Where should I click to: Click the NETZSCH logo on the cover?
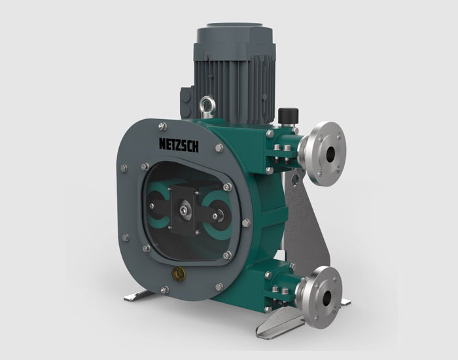pyautogui.click(x=179, y=145)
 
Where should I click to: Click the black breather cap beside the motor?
pyautogui.click(x=288, y=116)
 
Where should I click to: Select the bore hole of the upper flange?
pyautogui.click(x=330, y=154)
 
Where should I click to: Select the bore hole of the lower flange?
pyautogui.click(x=326, y=298)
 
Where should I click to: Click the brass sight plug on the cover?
pyautogui.click(x=178, y=274)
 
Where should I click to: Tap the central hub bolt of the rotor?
pyautogui.click(x=183, y=210)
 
